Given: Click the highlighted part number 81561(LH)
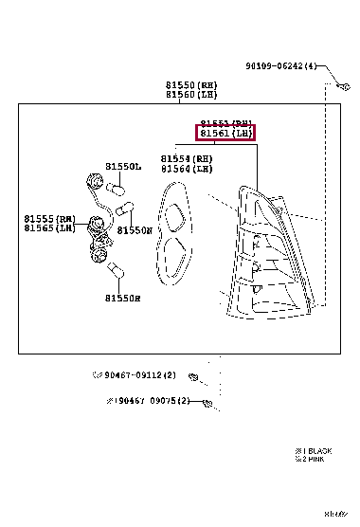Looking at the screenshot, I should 225,135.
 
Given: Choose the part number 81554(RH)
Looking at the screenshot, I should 186,158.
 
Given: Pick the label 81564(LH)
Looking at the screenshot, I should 186,169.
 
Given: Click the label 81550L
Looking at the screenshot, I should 123,167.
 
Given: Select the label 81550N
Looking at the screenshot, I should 135,229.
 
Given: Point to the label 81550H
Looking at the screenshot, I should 123,299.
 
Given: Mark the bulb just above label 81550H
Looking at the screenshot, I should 116,273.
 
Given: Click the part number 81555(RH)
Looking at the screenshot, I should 50,218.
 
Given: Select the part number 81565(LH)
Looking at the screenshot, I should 50,228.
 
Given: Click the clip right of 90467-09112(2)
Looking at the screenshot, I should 192,375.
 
